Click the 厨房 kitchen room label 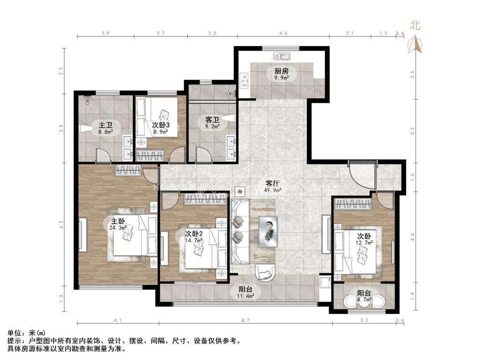click(281, 71)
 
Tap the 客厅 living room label click(273, 184)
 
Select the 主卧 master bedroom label click(118, 221)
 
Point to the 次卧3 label click(161, 125)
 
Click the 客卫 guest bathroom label click(212, 120)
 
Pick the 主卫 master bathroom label click(105, 125)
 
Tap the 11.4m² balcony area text click(246, 296)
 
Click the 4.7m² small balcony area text click(364, 300)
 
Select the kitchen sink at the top click(282, 56)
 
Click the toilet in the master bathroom click(86, 128)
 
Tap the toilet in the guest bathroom click(228, 118)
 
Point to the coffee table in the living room click(268, 232)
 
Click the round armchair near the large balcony click(264, 272)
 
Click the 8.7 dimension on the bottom click(246, 320)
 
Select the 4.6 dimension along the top click(283, 33)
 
